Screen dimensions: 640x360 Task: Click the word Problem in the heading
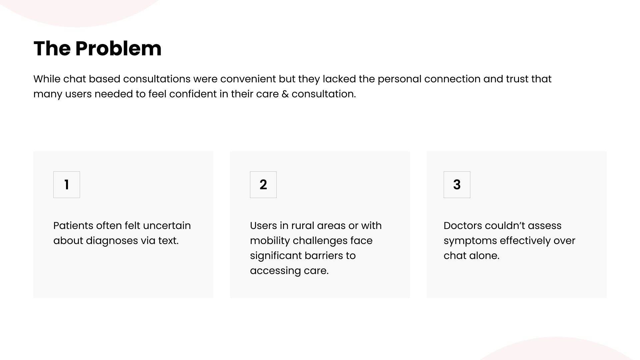click(x=118, y=49)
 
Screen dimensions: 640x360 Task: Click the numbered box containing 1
click(x=67, y=185)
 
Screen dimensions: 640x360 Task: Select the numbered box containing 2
click(x=263, y=185)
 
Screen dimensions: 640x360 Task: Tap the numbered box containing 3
click(x=457, y=185)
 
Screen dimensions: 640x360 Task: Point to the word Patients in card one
click(x=73, y=226)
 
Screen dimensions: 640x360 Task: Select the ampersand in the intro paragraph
click(x=285, y=94)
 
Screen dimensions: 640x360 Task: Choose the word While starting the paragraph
click(x=47, y=79)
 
